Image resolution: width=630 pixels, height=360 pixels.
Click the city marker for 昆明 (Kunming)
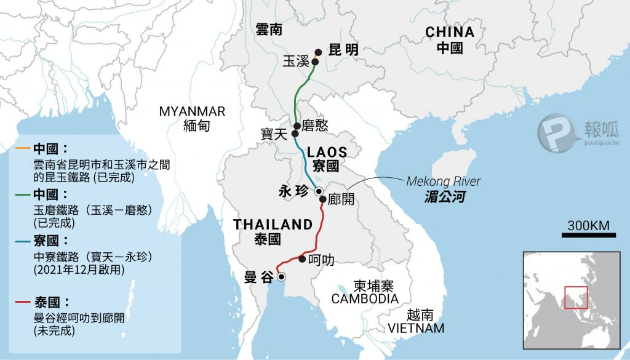click(x=318, y=53)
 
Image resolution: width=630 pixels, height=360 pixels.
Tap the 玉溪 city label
click(x=294, y=62)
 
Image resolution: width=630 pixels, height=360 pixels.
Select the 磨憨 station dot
click(x=297, y=126)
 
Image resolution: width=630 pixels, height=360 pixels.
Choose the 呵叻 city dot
click(x=301, y=259)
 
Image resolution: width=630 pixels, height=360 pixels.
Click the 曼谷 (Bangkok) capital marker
click(x=282, y=277)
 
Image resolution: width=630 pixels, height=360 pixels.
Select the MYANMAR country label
click(x=192, y=111)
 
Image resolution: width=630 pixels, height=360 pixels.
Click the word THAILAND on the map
click(x=273, y=225)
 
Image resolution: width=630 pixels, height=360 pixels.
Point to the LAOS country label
click(x=327, y=151)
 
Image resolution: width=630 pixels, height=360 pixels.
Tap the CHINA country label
click(x=450, y=32)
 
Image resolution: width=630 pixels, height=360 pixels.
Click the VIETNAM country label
click(x=416, y=328)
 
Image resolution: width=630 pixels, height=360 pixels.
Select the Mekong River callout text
click(x=443, y=182)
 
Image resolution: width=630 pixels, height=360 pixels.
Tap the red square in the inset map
click(x=576, y=298)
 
